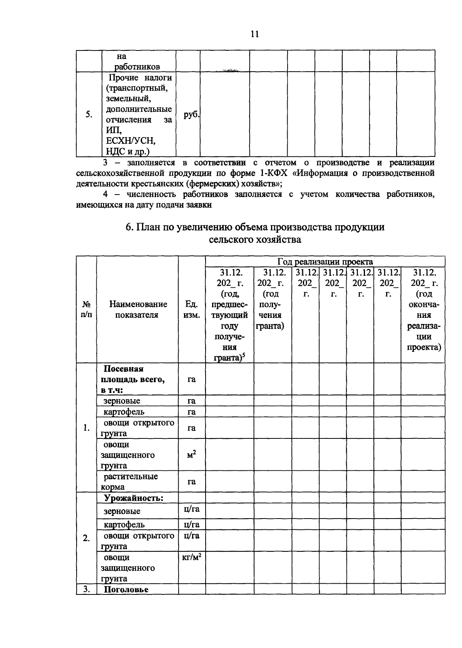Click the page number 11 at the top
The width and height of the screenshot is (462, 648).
tap(254, 34)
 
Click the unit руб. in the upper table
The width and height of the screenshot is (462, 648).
tap(191, 115)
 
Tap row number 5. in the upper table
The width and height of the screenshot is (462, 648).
tap(89, 115)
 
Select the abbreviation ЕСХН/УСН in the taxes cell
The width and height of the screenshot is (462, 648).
tap(131, 140)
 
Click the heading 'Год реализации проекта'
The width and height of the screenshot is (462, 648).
tap(325, 262)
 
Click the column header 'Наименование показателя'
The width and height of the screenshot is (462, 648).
tap(138, 309)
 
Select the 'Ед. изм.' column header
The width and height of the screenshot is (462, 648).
tap(192, 309)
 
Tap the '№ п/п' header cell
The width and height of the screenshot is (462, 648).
tap(87, 309)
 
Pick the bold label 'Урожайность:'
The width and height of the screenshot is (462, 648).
tap(134, 498)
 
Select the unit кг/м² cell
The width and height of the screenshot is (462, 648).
tap(192, 557)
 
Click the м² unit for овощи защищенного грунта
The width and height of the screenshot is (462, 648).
tap(192, 455)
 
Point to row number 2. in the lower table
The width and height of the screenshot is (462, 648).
tap(87, 538)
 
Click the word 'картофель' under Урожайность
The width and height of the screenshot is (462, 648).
tap(124, 524)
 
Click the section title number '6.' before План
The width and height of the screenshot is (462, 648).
tap(129, 227)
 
